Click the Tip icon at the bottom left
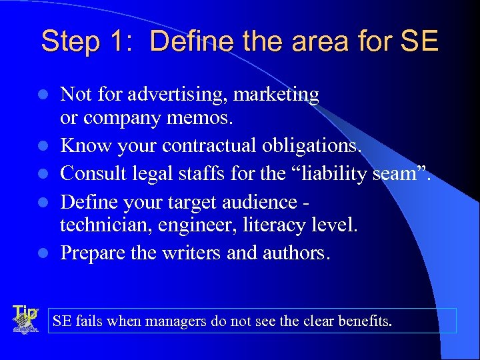coord(25,319)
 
